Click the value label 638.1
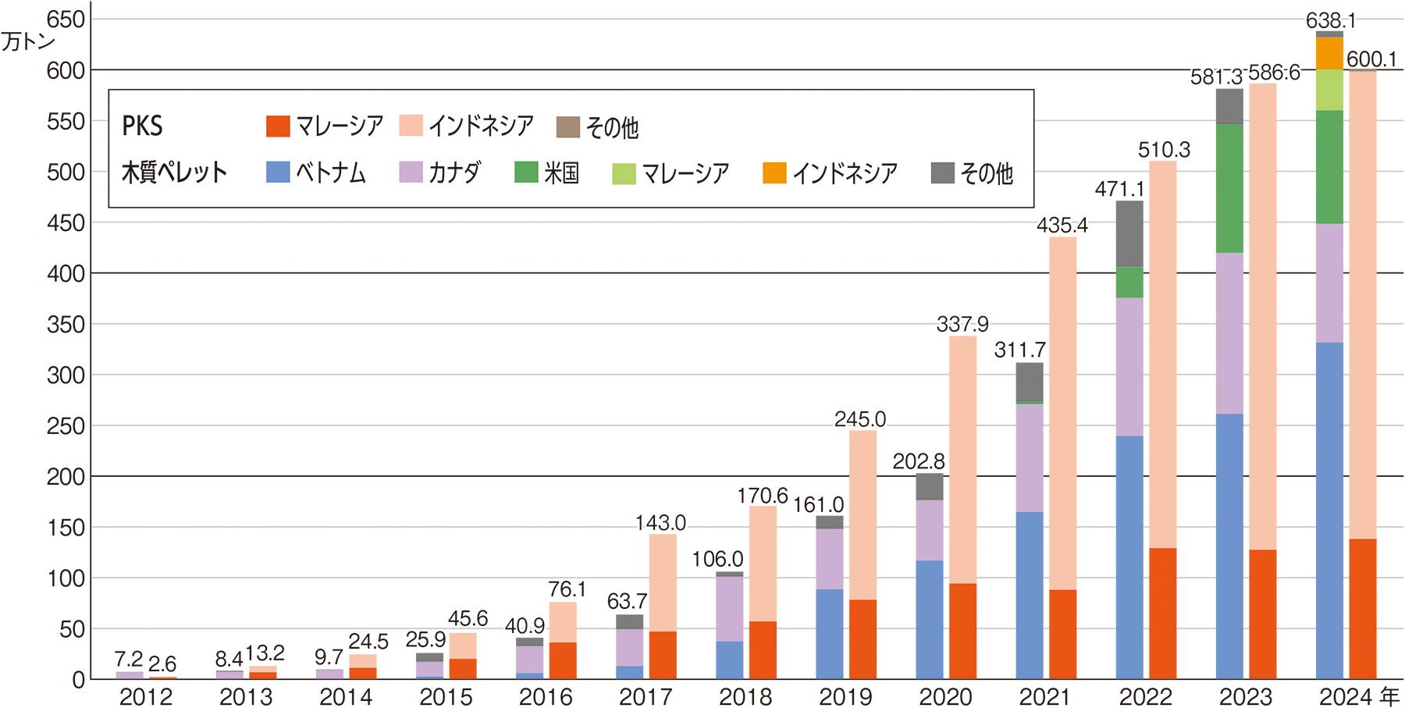[x=1331, y=20]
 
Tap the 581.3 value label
[x=1216, y=76]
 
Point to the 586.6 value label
[x=1274, y=73]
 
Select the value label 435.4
[x=1062, y=226]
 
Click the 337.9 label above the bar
[x=962, y=324]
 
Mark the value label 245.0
[x=859, y=419]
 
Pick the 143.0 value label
[x=660, y=523]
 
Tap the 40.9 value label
[x=525, y=626]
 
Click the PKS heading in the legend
[x=142, y=126]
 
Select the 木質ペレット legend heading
[x=174, y=173]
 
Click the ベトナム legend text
[x=330, y=173]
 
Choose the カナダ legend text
[x=454, y=173]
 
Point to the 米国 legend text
[x=561, y=173]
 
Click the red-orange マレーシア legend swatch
[x=278, y=126]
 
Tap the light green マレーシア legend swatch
[x=624, y=173]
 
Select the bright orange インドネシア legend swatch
[x=774, y=173]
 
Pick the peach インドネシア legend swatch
[x=411, y=126]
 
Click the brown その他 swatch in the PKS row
[x=567, y=127]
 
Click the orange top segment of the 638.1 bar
[x=1321, y=52]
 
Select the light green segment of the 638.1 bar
[x=1321, y=90]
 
